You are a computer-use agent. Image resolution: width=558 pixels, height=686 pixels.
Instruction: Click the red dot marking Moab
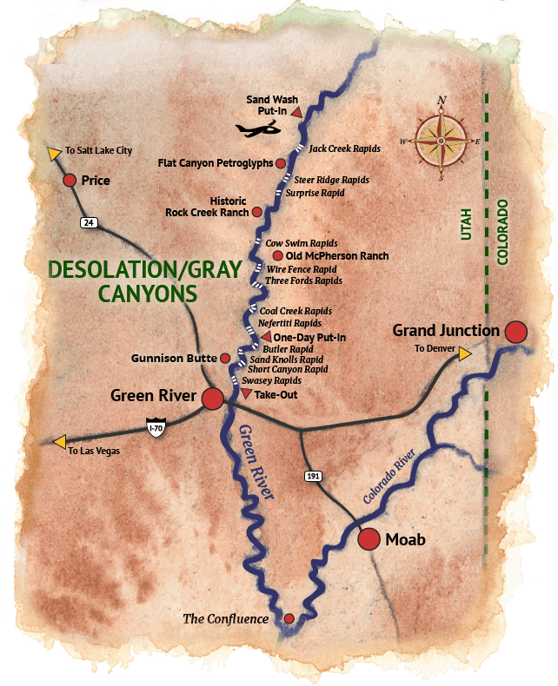[x=369, y=538]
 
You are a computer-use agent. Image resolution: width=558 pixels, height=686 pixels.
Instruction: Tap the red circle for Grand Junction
[x=516, y=332]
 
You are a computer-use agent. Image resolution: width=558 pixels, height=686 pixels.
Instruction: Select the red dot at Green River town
[x=212, y=399]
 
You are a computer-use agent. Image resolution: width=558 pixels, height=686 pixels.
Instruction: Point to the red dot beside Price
[x=70, y=181]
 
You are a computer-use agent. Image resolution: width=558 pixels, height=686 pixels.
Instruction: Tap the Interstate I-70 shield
[x=156, y=426]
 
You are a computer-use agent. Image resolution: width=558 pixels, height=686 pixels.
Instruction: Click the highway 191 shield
[x=314, y=476]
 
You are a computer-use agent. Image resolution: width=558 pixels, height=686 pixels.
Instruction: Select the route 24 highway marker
[x=88, y=223]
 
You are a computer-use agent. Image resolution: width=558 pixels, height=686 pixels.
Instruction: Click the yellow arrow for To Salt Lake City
[x=54, y=154]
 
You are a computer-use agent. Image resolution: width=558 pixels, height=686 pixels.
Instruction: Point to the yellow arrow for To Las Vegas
[x=59, y=442]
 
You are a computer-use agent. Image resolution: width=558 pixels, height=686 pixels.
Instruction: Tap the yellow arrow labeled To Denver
[x=465, y=353]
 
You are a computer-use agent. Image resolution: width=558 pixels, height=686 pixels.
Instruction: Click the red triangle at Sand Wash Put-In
[x=296, y=113]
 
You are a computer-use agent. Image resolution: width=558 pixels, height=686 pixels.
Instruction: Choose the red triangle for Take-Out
[x=247, y=394]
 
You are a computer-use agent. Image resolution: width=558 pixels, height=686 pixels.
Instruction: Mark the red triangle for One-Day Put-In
[x=267, y=336]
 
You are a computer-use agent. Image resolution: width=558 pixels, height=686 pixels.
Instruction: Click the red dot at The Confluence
[x=289, y=619]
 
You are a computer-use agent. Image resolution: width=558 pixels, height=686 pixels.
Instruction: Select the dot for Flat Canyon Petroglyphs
[x=281, y=162]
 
